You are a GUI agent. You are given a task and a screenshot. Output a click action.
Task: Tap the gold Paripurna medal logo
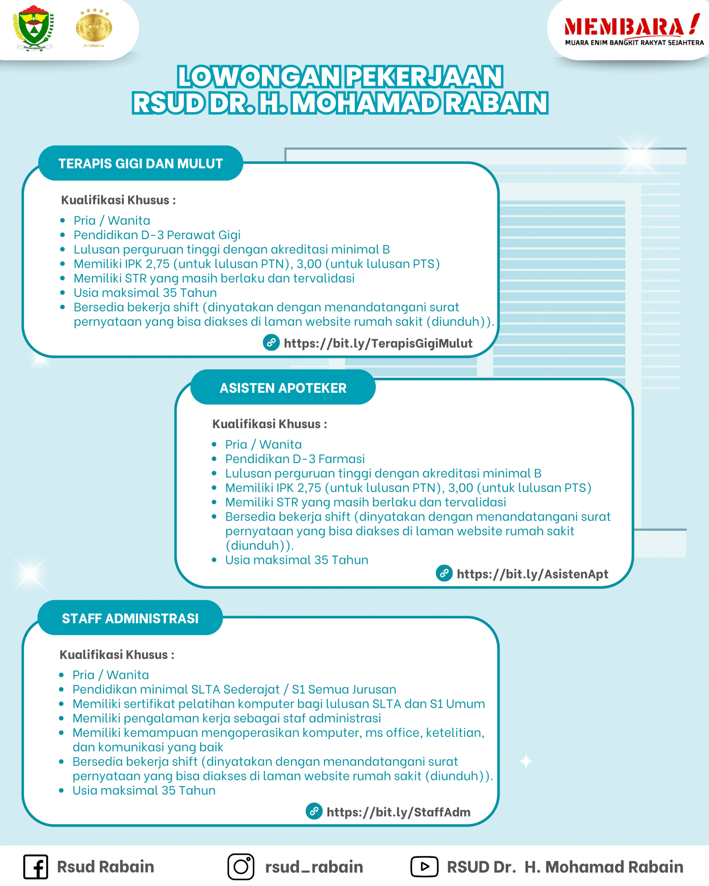click(x=94, y=27)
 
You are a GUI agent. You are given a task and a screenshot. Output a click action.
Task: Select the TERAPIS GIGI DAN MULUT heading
click(x=140, y=164)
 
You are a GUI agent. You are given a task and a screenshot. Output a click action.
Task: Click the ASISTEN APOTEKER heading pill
click(x=283, y=388)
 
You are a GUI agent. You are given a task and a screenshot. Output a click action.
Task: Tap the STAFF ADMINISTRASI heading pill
click(x=130, y=618)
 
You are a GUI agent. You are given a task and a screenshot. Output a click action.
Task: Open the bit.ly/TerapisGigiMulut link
click(x=378, y=343)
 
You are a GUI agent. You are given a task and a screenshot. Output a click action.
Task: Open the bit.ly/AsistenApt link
click(x=532, y=574)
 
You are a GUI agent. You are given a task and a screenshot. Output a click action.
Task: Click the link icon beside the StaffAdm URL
click(x=314, y=811)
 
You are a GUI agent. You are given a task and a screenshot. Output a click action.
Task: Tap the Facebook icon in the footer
click(x=36, y=867)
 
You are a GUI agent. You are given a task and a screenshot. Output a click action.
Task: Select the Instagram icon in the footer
click(x=241, y=867)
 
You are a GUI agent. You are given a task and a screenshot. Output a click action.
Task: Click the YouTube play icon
click(x=424, y=867)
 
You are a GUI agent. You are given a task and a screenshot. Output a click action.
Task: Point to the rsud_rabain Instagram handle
click(x=314, y=867)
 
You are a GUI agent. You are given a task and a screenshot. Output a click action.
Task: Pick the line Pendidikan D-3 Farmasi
click(x=295, y=459)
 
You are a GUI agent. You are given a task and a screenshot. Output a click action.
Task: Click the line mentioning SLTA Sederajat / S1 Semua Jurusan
click(x=234, y=689)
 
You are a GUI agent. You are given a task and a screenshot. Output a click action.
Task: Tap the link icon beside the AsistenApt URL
click(x=444, y=573)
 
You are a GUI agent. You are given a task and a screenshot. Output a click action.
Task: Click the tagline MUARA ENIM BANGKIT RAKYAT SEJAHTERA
click(x=634, y=43)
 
